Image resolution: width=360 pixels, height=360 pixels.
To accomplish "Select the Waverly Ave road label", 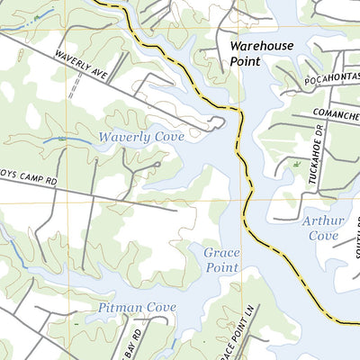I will point(79,67).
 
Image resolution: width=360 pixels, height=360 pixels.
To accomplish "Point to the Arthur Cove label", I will point(320,228).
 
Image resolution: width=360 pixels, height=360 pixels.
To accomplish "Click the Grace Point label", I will point(220,260).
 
